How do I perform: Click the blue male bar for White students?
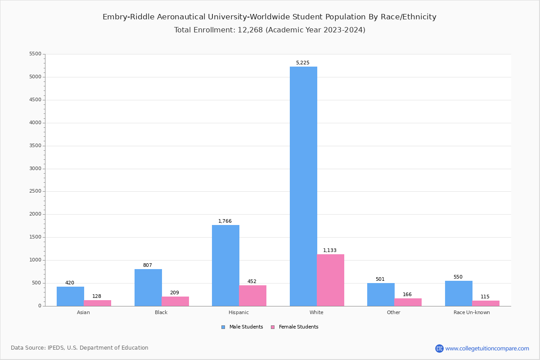point(303,186)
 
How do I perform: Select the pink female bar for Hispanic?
point(253,296)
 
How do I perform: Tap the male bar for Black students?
point(148,288)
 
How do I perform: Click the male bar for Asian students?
point(70,296)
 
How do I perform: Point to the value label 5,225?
point(303,63)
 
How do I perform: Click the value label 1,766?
point(225,221)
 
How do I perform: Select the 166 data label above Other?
point(407,295)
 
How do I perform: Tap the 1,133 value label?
point(330,251)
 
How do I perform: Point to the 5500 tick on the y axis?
point(35,54)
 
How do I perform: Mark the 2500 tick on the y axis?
point(35,191)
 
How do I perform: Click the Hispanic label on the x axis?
point(238,312)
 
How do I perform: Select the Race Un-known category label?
point(472,312)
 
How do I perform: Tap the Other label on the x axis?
point(393,312)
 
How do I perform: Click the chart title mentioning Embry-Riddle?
point(270,17)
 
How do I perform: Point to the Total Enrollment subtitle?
point(270,30)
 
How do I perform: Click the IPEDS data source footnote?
point(80,348)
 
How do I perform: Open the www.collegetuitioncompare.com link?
point(487,348)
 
